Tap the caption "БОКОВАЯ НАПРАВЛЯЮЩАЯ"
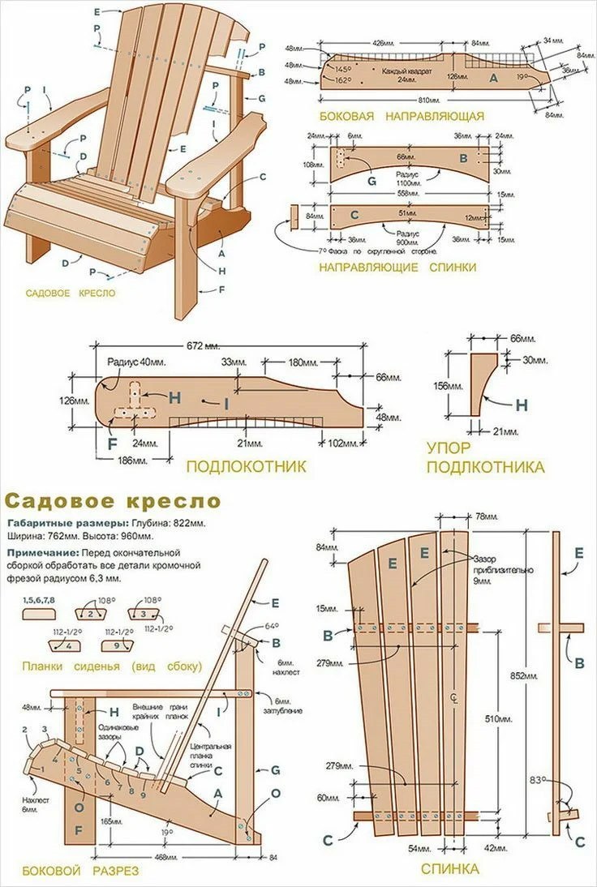[x=401, y=117]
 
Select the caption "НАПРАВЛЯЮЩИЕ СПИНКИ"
[x=397, y=267]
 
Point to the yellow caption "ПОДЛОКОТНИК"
[x=246, y=466]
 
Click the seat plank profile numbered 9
[x=118, y=644]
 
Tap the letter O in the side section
[x=276, y=792]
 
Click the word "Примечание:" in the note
[x=37, y=551]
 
